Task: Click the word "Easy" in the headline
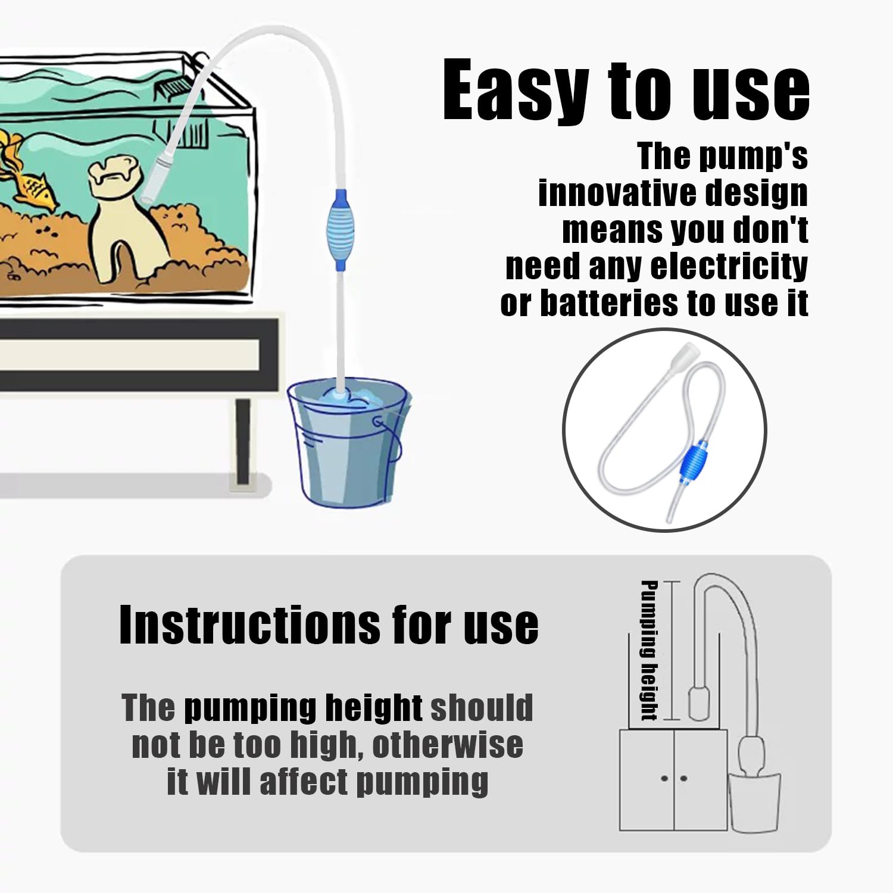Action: pyautogui.click(x=516, y=89)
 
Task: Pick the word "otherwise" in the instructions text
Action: pyautogui.click(x=448, y=745)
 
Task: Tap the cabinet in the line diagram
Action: pyautogui.click(x=673, y=780)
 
